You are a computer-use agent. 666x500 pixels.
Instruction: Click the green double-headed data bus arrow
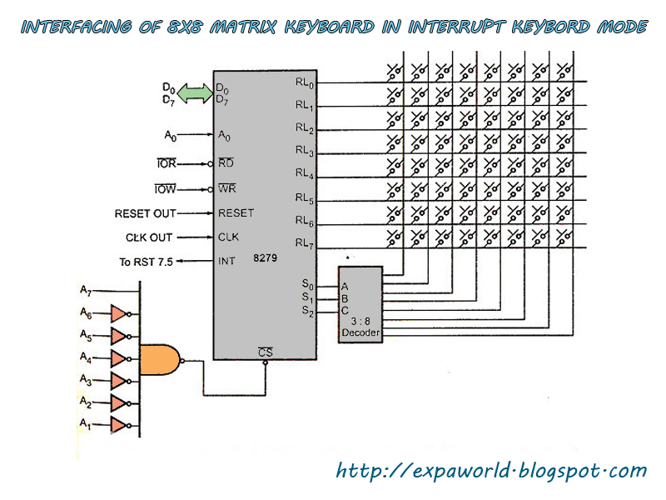195,93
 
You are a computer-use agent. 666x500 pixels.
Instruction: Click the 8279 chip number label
265,258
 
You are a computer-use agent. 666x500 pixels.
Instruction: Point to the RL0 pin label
305,82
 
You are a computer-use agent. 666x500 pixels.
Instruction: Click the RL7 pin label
305,243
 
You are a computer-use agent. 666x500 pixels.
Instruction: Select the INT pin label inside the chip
226,261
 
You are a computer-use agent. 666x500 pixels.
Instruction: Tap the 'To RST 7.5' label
147,262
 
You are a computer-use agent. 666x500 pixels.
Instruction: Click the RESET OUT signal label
145,213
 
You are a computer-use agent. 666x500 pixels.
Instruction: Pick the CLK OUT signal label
149,237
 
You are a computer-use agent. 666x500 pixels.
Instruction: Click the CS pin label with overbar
266,352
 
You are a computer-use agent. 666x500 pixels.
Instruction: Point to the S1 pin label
307,297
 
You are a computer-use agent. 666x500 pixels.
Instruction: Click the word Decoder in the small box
360,332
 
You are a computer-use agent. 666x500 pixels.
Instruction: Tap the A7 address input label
86,291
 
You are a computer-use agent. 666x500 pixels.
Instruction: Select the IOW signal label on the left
165,189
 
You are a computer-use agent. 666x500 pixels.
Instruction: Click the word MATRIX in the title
243,27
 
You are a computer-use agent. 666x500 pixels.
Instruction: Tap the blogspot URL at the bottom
491,471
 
